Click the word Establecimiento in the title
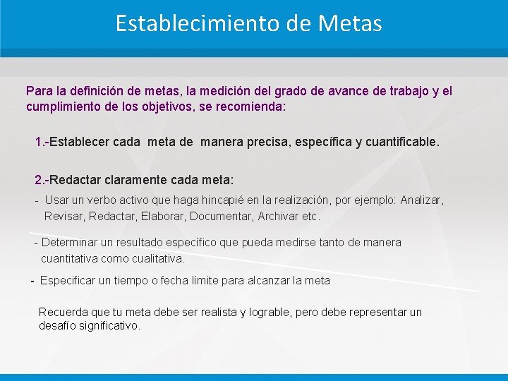tap(199, 24)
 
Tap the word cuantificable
tap(402, 142)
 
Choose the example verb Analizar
tap(422, 200)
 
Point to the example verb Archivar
tap(277, 216)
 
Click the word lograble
tap(274, 312)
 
